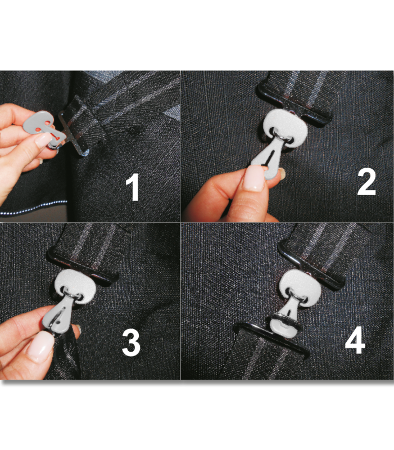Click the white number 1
click(x=133, y=187)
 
